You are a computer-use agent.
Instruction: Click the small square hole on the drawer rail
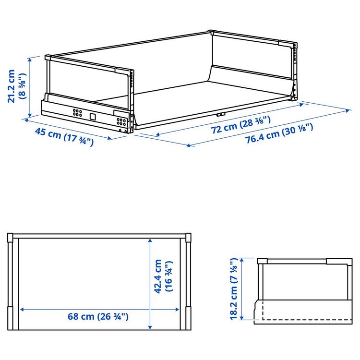93,117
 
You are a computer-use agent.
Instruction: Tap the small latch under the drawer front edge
221,114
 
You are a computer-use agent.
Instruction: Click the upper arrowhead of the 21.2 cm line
30,60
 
